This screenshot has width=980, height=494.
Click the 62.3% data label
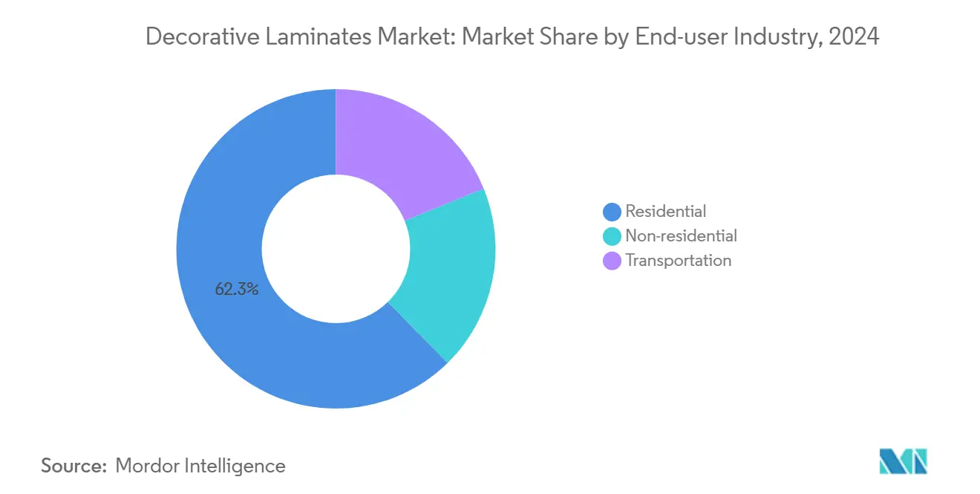click(x=237, y=290)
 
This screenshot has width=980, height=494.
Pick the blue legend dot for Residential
click(x=612, y=212)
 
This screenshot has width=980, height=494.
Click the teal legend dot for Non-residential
click(x=612, y=236)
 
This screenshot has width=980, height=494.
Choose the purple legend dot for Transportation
click(x=612, y=261)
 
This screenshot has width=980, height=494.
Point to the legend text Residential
click(x=666, y=212)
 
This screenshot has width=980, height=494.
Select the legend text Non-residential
click(x=682, y=236)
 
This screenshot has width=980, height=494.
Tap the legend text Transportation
click(x=679, y=261)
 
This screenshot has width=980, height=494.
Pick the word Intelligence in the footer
click(x=239, y=466)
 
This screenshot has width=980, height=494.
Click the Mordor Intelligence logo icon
click(x=903, y=462)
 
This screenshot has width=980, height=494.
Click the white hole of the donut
click(x=336, y=249)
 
